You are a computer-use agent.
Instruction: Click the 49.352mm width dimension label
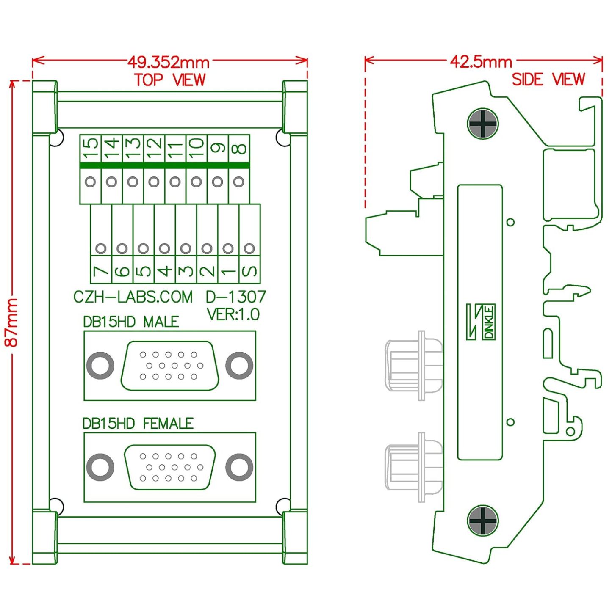point(168,63)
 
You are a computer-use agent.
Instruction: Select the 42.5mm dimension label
point(481,63)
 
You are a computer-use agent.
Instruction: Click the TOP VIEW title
point(170,80)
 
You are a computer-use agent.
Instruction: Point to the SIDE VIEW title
point(548,79)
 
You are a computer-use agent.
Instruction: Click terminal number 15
point(91,148)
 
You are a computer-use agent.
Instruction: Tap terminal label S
point(249,271)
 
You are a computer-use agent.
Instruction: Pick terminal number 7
point(101,271)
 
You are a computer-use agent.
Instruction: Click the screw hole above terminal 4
point(164,248)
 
